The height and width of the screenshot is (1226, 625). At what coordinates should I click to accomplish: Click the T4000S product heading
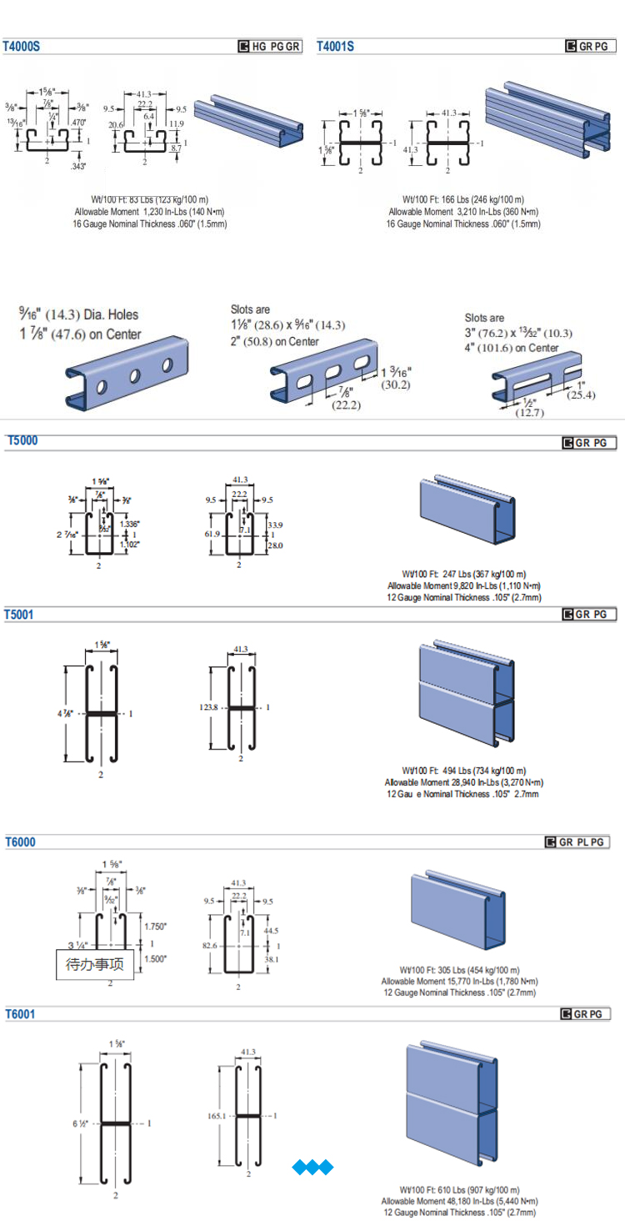click(22, 47)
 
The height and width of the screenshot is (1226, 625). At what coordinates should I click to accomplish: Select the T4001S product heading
click(335, 47)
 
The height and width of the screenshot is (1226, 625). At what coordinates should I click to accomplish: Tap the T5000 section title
click(22, 440)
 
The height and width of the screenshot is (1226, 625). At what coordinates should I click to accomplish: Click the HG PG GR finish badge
click(270, 47)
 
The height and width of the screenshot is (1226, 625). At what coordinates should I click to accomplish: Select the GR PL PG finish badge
click(577, 842)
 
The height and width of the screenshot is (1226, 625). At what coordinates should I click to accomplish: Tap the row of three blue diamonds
click(312, 1167)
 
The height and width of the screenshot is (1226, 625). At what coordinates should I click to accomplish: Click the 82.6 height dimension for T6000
click(209, 946)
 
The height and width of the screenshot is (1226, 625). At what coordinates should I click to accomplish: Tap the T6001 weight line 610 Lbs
click(460, 1189)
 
